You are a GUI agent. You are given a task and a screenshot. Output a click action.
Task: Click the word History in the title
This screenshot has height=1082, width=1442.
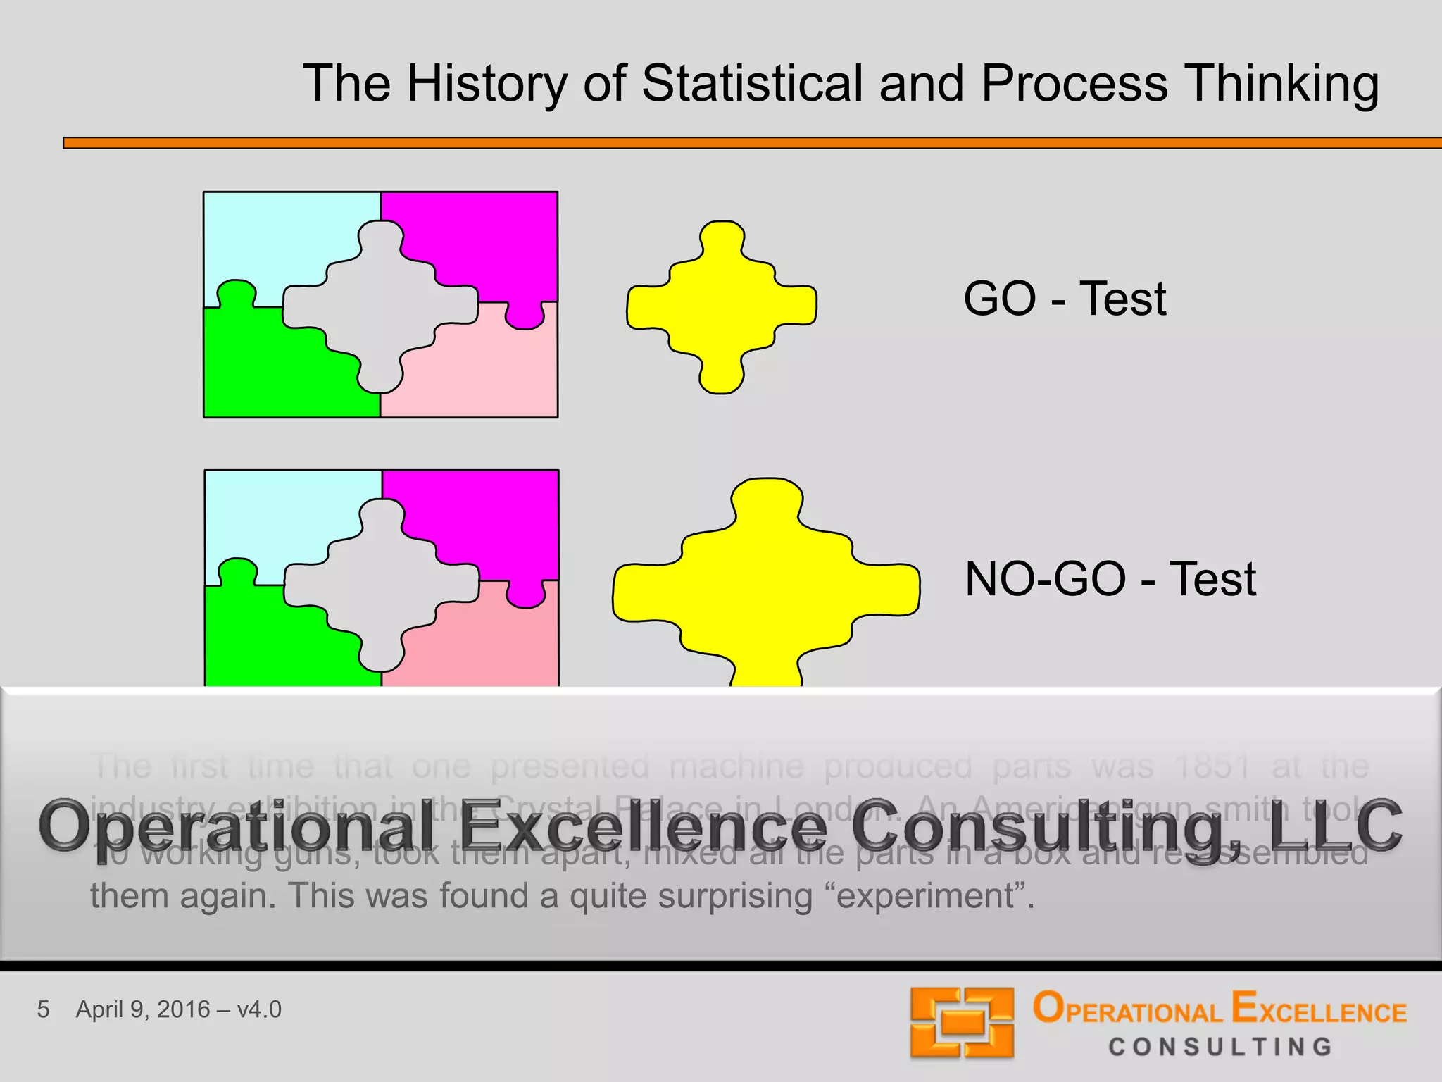[487, 83]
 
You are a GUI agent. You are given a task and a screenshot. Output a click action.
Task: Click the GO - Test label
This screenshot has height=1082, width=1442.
[1064, 299]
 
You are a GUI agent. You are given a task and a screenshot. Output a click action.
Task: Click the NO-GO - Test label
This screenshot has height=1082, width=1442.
[1110, 579]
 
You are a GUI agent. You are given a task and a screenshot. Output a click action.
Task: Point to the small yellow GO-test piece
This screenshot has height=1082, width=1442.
[721, 307]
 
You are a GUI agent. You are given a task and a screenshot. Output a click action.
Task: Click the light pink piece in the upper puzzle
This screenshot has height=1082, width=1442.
[486, 373]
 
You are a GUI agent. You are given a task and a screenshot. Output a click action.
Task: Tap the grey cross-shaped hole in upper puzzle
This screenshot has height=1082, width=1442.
[380, 306]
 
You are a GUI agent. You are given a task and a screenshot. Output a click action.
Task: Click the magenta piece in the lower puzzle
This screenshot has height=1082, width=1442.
[493, 514]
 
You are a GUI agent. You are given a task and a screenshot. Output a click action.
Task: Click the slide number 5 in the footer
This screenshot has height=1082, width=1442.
[43, 1009]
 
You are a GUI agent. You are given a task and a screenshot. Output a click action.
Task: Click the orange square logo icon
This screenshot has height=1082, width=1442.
[962, 1023]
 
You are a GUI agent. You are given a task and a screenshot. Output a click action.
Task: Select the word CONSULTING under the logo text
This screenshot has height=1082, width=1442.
[1220, 1047]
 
